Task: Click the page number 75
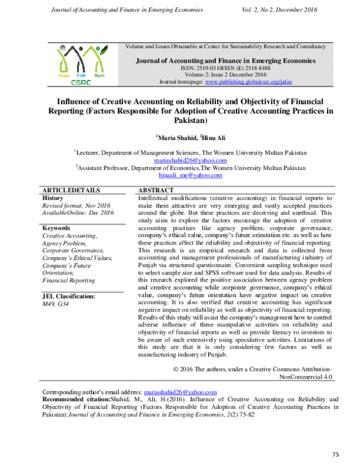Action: [335, 454]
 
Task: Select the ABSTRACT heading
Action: [157, 190]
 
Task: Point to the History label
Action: [53, 198]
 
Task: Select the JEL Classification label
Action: [69, 296]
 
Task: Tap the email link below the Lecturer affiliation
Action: [190, 160]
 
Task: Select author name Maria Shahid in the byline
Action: [174, 138]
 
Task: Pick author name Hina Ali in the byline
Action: [214, 138]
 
